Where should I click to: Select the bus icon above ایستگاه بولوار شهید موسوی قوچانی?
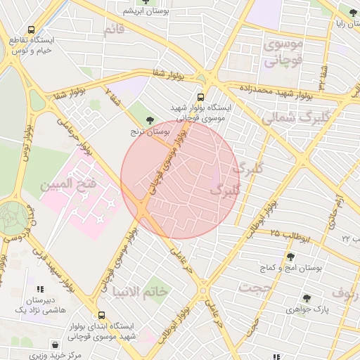(x=201, y=97)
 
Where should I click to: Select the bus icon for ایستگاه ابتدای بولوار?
(x=103, y=316)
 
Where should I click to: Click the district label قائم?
(x=113, y=30)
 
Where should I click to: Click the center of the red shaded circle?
(x=181, y=179)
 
